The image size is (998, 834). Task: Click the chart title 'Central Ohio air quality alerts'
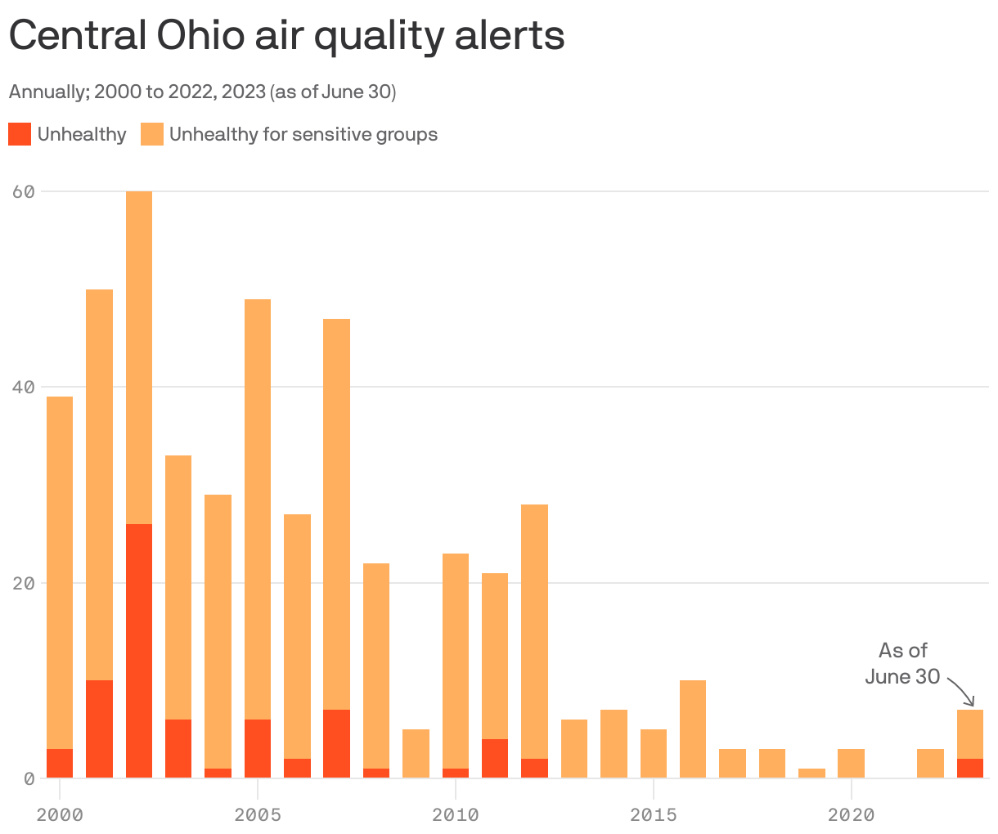point(286,36)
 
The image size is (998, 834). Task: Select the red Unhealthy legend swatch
point(20,134)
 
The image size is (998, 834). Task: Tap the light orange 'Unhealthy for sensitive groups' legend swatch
point(152,134)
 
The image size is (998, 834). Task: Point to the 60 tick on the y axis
point(23,191)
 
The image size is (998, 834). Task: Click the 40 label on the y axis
point(23,387)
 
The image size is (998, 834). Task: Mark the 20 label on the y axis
point(23,583)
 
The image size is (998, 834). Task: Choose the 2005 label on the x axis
point(258,814)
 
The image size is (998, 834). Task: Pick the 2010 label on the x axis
point(456,814)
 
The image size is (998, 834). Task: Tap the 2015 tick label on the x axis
point(654,814)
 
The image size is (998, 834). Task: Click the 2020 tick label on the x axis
point(852,814)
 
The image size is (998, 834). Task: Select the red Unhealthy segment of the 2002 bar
point(139,651)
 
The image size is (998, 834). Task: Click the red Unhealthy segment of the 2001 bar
point(99,729)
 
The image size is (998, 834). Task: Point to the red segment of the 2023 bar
point(970,769)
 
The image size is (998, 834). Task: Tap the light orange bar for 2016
point(693,729)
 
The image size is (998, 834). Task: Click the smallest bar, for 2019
point(811,773)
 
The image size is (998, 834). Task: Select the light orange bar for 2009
point(416,753)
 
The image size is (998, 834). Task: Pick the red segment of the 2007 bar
point(336,743)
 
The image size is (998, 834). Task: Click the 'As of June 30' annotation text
point(903,663)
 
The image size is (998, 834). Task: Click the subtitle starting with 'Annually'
point(202,92)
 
